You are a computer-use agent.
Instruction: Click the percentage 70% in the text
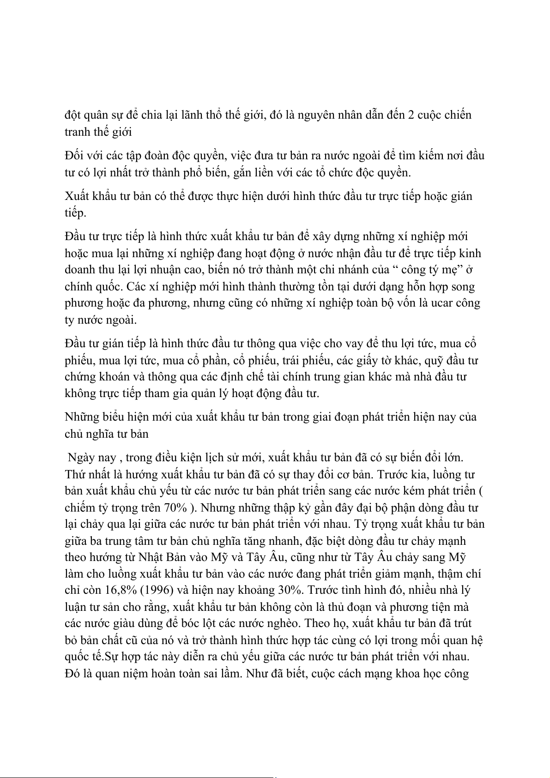click(x=175, y=508)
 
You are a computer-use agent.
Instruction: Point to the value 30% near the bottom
click(x=291, y=591)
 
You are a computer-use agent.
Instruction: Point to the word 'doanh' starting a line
click(x=79, y=270)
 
